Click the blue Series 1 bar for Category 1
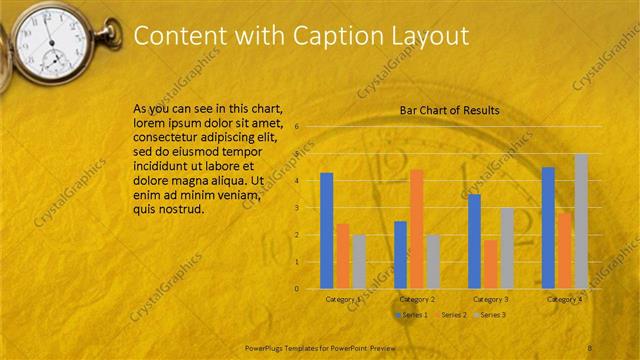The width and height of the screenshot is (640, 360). pos(326,231)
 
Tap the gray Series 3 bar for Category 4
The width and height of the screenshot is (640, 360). pos(581,221)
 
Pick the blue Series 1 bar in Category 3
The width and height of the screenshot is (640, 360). pos(474,241)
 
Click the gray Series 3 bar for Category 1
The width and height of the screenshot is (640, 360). pos(359,261)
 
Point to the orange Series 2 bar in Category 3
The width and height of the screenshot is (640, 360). pos(490,264)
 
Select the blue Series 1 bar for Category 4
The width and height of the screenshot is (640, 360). pos(548,228)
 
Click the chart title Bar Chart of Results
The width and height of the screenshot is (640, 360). pos(449,110)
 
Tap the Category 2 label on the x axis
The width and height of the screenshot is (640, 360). pos(417,299)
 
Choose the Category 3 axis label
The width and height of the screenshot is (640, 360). pos(490,299)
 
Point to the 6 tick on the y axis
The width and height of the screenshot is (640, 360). pos(297,127)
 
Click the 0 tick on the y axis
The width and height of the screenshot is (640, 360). pos(297,289)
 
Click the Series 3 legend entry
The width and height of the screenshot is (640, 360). pos(489,315)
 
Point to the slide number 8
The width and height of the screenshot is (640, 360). pos(590,347)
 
